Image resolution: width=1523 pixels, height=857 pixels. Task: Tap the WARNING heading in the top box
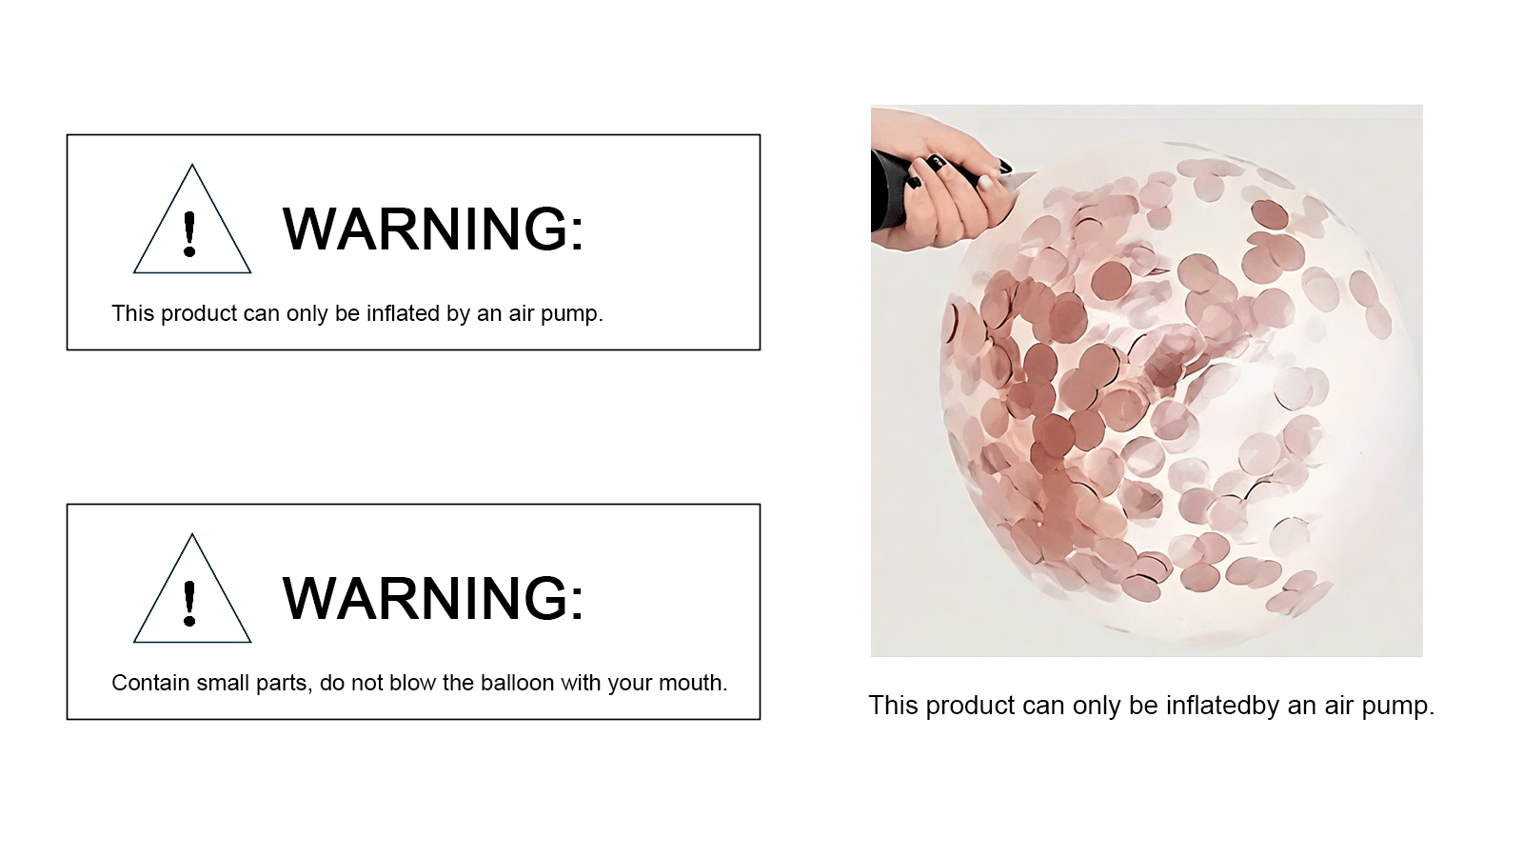(x=433, y=229)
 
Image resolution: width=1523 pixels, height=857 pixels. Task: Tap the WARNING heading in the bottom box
(x=433, y=598)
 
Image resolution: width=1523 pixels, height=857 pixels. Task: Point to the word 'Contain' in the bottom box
(x=150, y=682)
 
